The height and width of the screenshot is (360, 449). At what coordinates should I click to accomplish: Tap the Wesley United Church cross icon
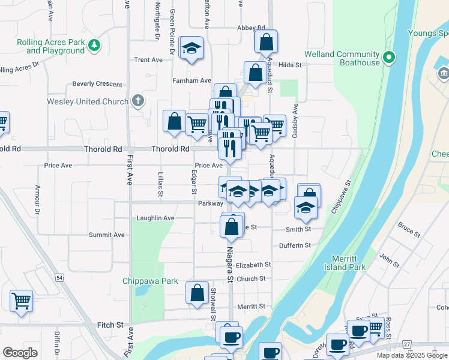point(138,100)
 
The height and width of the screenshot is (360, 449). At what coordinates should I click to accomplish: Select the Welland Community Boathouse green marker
point(389,58)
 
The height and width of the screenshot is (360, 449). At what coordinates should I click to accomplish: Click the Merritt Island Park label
point(349,263)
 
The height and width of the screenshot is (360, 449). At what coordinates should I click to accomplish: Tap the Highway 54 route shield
point(59,278)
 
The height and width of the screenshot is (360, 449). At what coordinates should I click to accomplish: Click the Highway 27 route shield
point(407,344)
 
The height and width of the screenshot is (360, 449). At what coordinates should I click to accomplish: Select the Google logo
point(20,353)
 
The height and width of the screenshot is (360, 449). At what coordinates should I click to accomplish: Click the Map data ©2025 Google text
point(412,355)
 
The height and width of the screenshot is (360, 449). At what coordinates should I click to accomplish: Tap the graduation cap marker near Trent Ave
point(191,49)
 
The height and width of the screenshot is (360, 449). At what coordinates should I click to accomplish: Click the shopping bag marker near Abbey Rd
point(265,42)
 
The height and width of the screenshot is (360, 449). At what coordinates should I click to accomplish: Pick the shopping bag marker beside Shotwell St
point(197,293)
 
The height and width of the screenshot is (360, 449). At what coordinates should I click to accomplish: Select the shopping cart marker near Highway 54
point(22,301)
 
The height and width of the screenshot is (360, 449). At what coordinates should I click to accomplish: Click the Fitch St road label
point(110,325)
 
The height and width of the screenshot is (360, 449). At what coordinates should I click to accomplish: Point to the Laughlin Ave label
point(155,218)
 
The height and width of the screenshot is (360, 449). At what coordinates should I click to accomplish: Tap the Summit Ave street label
point(107,235)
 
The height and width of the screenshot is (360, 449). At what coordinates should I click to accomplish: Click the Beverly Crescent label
point(97,84)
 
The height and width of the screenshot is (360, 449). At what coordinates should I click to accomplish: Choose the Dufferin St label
point(295,245)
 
